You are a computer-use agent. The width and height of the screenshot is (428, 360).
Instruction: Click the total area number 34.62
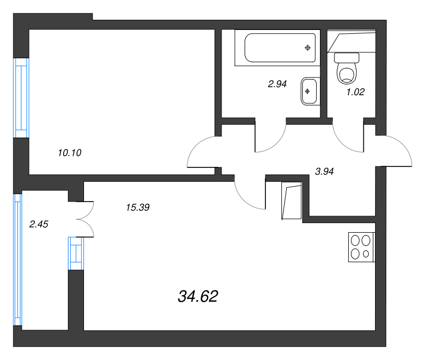pyautogui.click(x=197, y=296)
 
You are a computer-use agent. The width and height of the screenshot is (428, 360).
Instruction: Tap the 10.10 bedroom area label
pyautogui.click(x=69, y=152)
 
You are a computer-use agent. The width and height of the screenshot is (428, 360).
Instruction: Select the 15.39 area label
pyautogui.click(x=137, y=208)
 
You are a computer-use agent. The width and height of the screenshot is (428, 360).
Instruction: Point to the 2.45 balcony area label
pyautogui.click(x=39, y=225)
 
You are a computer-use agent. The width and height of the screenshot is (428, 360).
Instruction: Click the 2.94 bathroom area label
pyautogui.click(x=278, y=83)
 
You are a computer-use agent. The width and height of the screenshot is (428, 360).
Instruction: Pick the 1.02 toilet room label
pyautogui.click(x=355, y=92)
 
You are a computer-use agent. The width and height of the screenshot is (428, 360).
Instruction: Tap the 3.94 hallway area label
pyautogui.click(x=325, y=172)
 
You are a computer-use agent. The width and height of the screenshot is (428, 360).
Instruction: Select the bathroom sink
pyautogui.click(x=309, y=90)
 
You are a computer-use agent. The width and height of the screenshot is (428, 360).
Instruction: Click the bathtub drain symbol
pyautogui.click(x=308, y=48)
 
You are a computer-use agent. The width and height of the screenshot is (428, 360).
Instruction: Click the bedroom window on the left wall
pyautogui.click(x=20, y=97)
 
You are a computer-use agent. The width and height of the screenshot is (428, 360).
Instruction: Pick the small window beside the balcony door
pyautogui.click(x=76, y=254)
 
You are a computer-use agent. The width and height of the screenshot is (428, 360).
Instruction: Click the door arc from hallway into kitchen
pyautogui.click(x=249, y=194)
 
